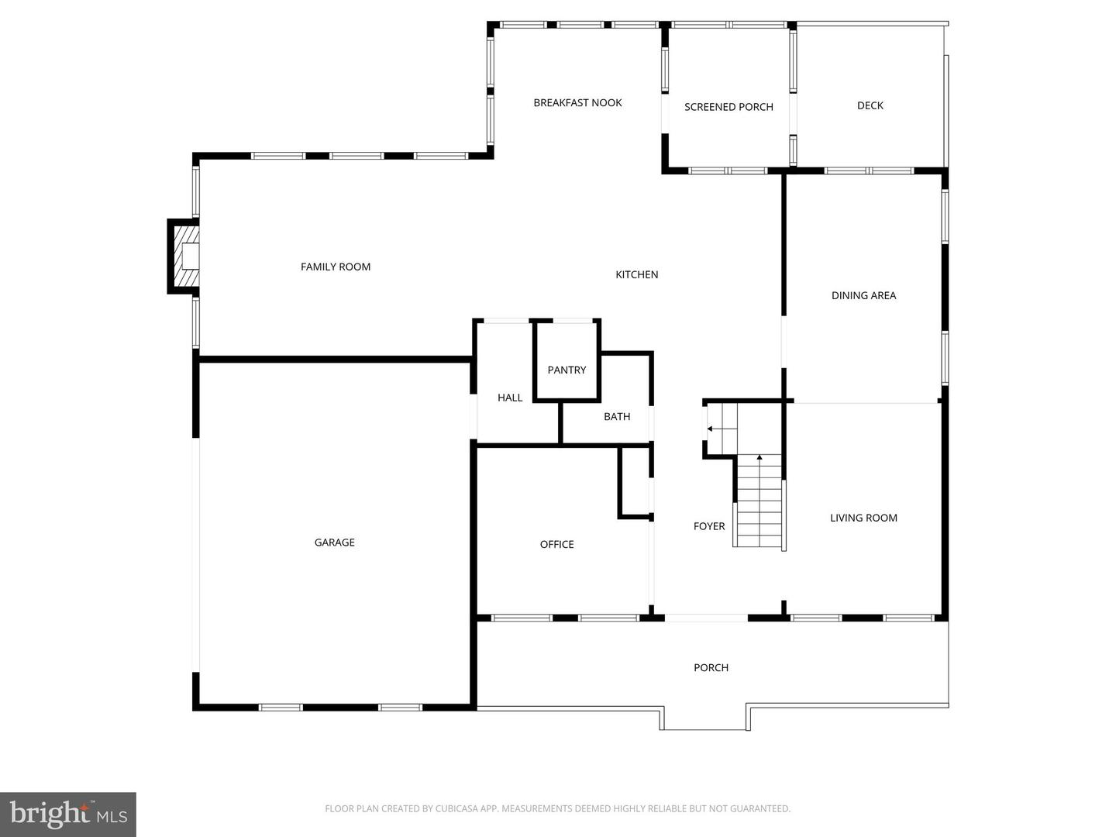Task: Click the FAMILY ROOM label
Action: (x=336, y=267)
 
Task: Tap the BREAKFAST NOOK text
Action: (x=577, y=103)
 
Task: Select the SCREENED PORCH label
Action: (x=728, y=107)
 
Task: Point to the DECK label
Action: (x=870, y=105)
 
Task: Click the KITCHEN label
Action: (x=636, y=274)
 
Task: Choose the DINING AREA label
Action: (x=863, y=295)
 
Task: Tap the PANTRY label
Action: (x=567, y=370)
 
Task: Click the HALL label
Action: (x=510, y=398)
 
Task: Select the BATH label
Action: (x=617, y=417)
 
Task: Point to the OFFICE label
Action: (x=556, y=544)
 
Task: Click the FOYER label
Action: (x=709, y=526)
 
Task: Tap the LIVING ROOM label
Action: (x=863, y=518)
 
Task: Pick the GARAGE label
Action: (x=334, y=542)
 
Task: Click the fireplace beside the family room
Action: (x=184, y=257)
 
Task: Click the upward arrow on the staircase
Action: (x=759, y=458)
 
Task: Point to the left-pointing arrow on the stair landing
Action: (x=710, y=429)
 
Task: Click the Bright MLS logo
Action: (x=68, y=814)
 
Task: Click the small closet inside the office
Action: (x=635, y=482)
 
